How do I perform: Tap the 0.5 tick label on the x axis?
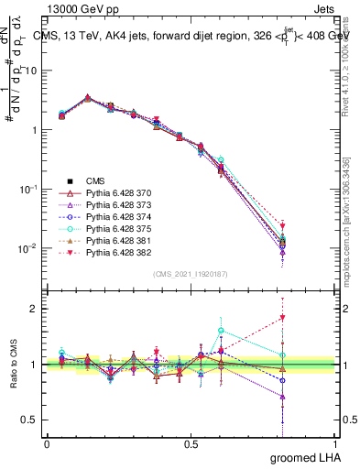point(191,444)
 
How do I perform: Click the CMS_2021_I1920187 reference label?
point(191,274)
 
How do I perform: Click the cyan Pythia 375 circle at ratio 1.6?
point(221,331)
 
